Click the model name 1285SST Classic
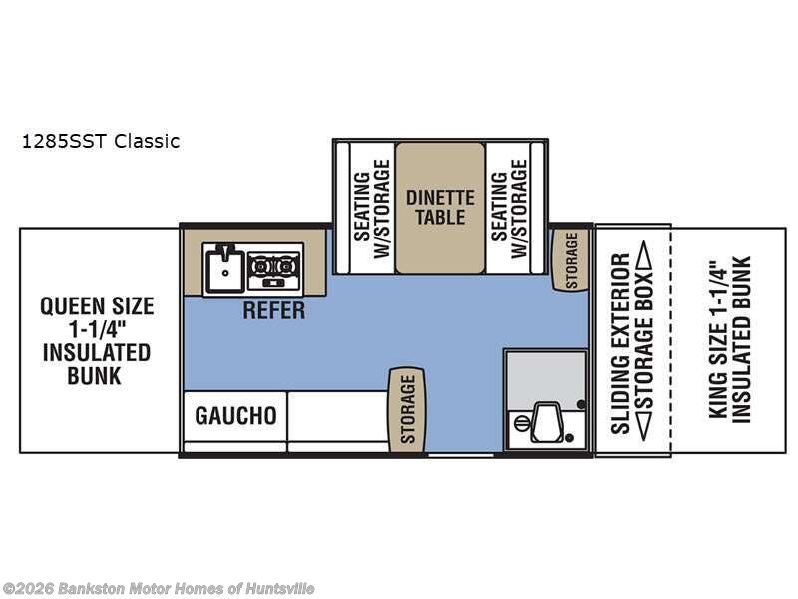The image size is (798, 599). point(100,141)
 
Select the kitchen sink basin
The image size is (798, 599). point(225,268)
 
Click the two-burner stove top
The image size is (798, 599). point(274,266)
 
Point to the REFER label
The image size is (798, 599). point(274,310)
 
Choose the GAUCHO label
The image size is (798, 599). point(235,415)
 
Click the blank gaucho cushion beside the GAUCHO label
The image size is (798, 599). point(336,416)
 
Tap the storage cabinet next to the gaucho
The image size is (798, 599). point(407,409)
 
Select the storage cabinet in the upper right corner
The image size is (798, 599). point(571,260)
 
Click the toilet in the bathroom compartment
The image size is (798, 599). point(545,424)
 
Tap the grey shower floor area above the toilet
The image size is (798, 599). point(545,375)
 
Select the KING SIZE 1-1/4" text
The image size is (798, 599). point(714,339)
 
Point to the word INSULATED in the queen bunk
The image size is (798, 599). point(97,352)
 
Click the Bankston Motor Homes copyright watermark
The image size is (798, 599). point(159,588)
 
